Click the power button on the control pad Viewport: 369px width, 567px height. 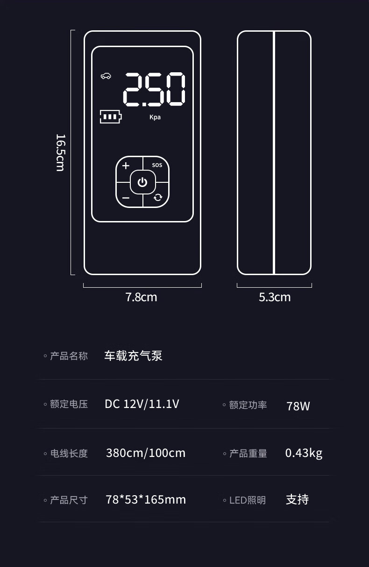click(142, 182)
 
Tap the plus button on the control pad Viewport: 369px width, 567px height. click(126, 166)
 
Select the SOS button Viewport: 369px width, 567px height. click(157, 165)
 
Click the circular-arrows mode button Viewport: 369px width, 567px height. click(158, 197)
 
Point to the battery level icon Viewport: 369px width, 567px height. click(110, 117)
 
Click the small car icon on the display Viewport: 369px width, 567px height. click(106, 76)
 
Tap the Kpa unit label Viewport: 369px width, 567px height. click(155, 117)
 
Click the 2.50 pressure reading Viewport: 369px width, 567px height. click(154, 90)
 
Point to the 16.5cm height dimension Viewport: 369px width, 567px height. click(60, 152)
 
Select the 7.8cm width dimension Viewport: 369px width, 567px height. click(141, 297)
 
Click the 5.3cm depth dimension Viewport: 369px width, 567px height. click(275, 297)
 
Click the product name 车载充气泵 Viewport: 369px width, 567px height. click(133, 356)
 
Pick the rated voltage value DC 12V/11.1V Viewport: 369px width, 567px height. click(142, 404)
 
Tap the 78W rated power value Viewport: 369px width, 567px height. click(298, 406)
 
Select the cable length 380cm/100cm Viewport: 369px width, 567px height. click(145, 453)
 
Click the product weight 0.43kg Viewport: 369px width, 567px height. click(304, 453)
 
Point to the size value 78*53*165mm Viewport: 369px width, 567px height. click(146, 500)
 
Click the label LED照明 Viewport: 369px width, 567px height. click(247, 500)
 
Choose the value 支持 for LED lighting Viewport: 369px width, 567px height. click(297, 500)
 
